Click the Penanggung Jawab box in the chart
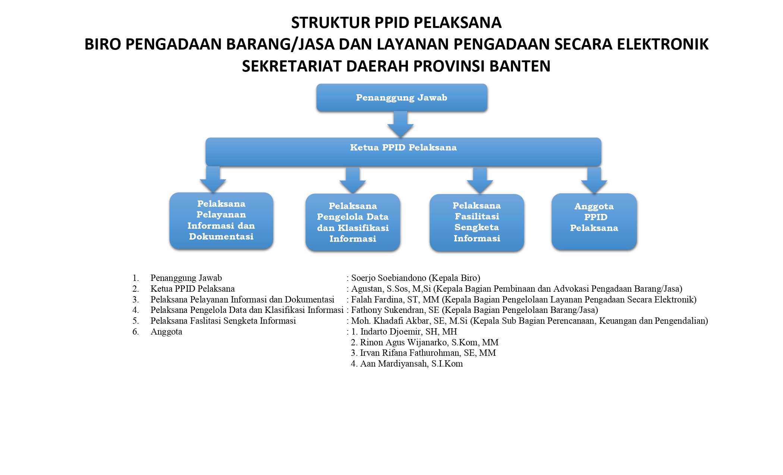tap(402, 98)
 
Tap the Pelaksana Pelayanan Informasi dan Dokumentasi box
tap(221, 220)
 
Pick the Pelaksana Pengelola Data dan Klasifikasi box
tap(353, 222)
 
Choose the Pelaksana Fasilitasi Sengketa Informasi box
tap(477, 222)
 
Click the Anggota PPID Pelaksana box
tap(594, 221)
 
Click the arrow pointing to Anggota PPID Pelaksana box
tap(594, 180)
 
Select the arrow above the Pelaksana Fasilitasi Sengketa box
tap(480, 180)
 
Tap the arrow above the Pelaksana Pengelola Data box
tap(352, 180)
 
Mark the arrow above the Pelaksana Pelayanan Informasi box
tap(213, 179)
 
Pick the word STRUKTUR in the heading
tap(330, 23)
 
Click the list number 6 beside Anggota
tap(135, 332)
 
